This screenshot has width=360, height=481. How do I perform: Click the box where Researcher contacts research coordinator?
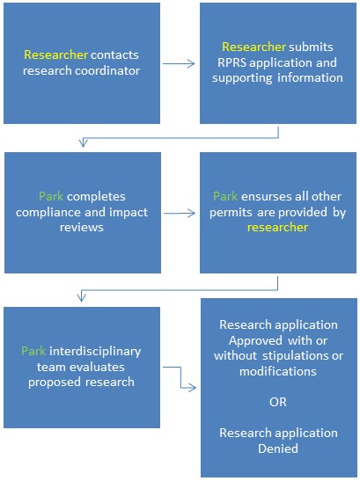pyautogui.click(x=82, y=62)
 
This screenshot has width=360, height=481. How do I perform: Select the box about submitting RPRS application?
pyautogui.click(x=278, y=62)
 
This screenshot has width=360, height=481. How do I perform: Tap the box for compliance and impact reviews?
pyautogui.click(x=82, y=212)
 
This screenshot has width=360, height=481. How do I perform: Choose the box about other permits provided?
pyautogui.click(x=278, y=212)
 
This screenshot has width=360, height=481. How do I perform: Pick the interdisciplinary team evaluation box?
pyautogui.click(x=82, y=367)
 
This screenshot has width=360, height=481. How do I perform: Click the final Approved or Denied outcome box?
pyautogui.click(x=278, y=387)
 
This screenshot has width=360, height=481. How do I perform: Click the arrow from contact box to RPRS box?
pyautogui.click(x=180, y=63)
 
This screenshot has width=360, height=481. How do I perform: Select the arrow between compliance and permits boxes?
pyautogui.click(x=180, y=212)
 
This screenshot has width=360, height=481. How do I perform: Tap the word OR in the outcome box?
pyautogui.click(x=278, y=402)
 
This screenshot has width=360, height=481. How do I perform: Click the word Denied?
pyautogui.click(x=278, y=448)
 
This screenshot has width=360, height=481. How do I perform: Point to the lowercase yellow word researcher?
pyautogui.click(x=278, y=227)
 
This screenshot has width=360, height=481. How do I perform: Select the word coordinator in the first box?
pyautogui.click(x=107, y=70)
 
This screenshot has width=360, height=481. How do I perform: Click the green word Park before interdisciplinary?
pyautogui.click(x=50, y=351)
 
